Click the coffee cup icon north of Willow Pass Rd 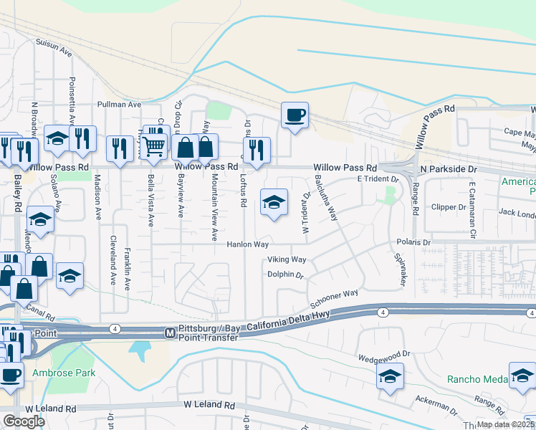pos(294,115)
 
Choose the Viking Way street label pos(287,259)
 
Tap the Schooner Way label pos(340,295)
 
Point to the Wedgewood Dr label pos(383,353)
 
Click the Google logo pos(24,421)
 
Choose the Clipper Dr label pos(448,207)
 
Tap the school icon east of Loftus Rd pos(274,202)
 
